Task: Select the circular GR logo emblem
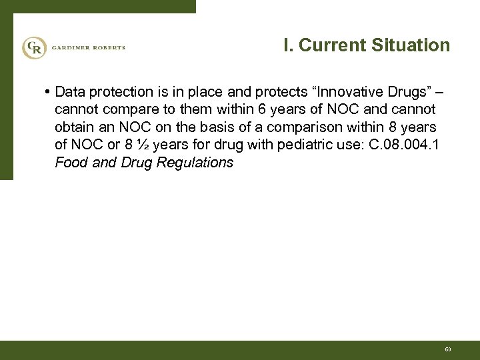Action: [x=33, y=48]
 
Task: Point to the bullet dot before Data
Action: [x=49, y=91]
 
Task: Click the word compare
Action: [x=125, y=109]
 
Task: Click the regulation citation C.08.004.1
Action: [x=401, y=145]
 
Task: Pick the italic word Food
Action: [x=70, y=163]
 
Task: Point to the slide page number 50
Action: [x=448, y=349]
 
